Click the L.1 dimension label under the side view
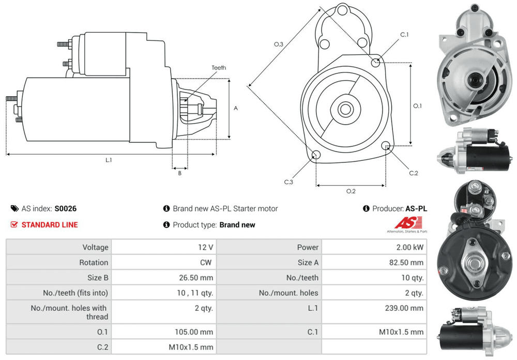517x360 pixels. (109, 160)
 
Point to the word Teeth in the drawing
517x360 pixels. (219, 68)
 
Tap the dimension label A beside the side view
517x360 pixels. (236, 109)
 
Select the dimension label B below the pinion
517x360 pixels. (179, 173)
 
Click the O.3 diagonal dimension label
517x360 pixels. (278, 44)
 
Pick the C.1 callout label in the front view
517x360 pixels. (404, 35)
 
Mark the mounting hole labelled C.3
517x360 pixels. (316, 155)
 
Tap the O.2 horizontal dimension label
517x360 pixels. (351, 191)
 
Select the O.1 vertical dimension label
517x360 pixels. (418, 106)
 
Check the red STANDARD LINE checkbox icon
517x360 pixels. (14, 224)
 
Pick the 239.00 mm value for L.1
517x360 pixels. (407, 308)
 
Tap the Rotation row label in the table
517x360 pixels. (94, 263)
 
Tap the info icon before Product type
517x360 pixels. (166, 225)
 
